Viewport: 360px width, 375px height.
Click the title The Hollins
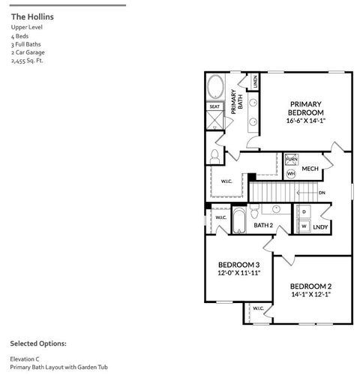(x=32, y=16)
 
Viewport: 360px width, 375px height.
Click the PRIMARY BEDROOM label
(x=306, y=107)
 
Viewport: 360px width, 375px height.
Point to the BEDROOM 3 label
(x=239, y=265)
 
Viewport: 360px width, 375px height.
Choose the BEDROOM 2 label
(x=311, y=286)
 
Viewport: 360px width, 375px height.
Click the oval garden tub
(x=214, y=87)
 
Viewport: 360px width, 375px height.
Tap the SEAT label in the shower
(x=214, y=107)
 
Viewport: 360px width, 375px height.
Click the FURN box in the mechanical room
(x=291, y=160)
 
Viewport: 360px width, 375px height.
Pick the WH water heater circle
(x=291, y=173)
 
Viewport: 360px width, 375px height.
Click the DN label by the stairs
(x=322, y=193)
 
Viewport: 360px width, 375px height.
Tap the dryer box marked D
(x=304, y=211)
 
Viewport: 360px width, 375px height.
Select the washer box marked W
(x=304, y=225)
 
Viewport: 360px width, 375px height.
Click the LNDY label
(x=321, y=226)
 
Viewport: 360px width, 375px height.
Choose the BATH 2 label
(x=262, y=225)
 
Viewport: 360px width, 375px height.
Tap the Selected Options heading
(x=38, y=343)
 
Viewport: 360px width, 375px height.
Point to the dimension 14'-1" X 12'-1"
(x=311, y=295)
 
